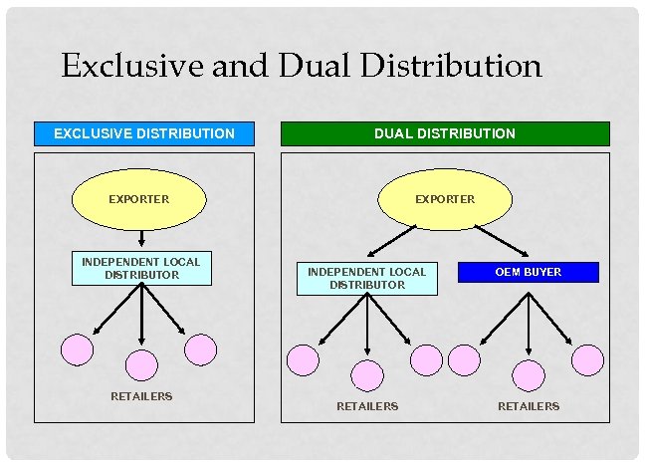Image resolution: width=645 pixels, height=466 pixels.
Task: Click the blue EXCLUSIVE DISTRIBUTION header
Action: (144, 133)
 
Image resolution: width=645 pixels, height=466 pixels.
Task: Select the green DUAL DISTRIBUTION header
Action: (444, 133)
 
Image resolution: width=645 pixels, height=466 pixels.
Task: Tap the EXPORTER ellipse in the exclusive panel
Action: (139, 199)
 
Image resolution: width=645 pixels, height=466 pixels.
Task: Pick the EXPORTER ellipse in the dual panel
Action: (445, 199)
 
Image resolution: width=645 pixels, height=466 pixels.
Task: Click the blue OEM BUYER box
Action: (528, 272)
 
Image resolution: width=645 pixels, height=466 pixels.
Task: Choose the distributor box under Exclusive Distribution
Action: (141, 269)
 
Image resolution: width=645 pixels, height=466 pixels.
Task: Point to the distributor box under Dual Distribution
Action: (367, 279)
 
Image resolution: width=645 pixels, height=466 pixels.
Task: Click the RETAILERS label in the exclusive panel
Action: (141, 396)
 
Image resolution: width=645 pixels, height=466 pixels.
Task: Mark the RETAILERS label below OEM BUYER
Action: (529, 406)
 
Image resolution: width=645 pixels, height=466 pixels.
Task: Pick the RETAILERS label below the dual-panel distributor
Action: (367, 406)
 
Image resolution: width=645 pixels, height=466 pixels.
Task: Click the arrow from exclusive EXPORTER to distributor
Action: (141, 238)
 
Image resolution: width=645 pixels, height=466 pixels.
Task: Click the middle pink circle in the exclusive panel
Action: (141, 365)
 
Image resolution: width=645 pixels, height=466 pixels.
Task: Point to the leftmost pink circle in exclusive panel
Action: (77, 349)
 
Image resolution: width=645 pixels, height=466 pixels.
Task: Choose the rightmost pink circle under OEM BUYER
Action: (588, 359)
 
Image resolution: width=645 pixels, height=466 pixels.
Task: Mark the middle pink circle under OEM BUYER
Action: (529, 375)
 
